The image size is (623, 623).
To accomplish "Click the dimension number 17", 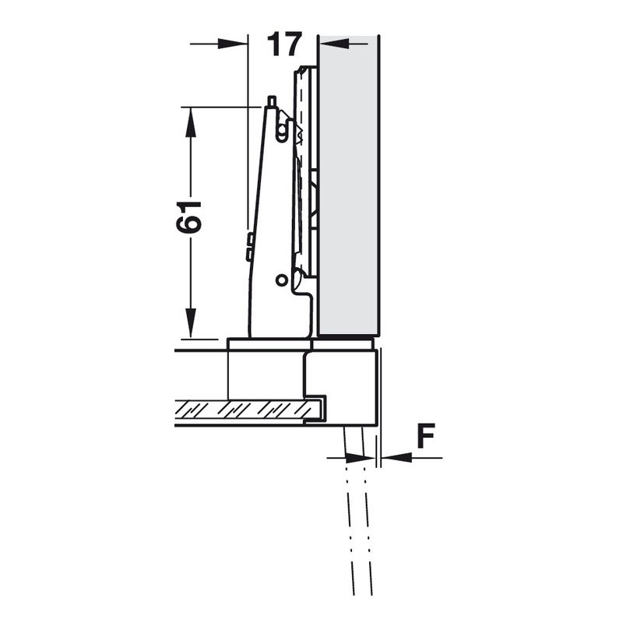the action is (284, 44).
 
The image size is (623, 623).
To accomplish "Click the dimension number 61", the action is (189, 217).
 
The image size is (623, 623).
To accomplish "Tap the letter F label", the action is (426, 435).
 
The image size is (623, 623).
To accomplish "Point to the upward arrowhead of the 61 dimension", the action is (191, 122).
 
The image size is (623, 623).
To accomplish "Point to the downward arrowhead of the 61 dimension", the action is (191, 323).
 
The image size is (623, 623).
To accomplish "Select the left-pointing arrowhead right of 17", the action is (335, 44).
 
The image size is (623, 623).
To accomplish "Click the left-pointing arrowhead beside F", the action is (396, 458).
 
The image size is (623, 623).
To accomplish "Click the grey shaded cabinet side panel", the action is (348, 185).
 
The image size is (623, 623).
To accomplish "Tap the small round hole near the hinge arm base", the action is (281, 280).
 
